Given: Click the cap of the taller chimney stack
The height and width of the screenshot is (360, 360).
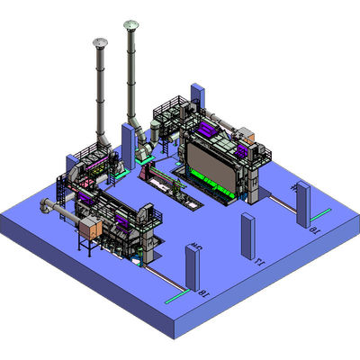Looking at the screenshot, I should click(x=131, y=24).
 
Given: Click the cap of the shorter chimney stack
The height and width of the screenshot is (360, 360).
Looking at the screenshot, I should click(x=99, y=42).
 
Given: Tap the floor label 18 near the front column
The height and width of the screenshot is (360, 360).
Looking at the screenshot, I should click(x=203, y=292).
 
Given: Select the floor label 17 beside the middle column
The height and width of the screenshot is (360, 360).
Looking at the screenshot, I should click(x=260, y=262).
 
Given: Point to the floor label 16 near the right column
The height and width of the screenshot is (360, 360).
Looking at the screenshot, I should click(x=314, y=232).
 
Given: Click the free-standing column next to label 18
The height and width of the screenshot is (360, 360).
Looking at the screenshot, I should click(x=191, y=267).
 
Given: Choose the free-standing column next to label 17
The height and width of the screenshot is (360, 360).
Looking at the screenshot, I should click(x=247, y=236).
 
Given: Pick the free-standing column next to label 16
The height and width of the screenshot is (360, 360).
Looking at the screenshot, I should click(x=302, y=204).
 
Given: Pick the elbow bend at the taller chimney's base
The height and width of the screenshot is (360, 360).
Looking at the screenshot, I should click(x=134, y=121).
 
